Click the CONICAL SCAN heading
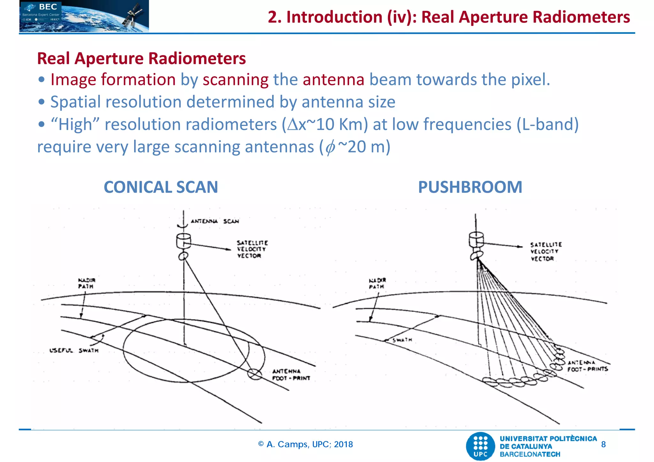[x=161, y=187]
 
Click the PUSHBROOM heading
[x=470, y=187]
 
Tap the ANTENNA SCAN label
[x=215, y=221]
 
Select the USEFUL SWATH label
[x=74, y=350]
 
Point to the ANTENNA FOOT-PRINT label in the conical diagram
[x=291, y=375]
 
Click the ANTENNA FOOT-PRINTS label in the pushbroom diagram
[x=587, y=366]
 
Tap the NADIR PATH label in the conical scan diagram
[x=87, y=283]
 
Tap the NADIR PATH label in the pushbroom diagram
[x=377, y=283]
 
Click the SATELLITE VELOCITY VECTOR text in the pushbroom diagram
[x=546, y=251]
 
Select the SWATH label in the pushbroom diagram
[x=402, y=340]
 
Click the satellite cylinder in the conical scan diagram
[x=184, y=241]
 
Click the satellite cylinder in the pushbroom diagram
[x=476, y=240]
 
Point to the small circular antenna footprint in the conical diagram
[x=255, y=374]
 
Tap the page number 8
[x=603, y=444]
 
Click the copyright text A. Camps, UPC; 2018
[x=306, y=444]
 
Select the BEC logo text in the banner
[x=48, y=7]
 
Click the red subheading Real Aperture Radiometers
[x=141, y=58]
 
